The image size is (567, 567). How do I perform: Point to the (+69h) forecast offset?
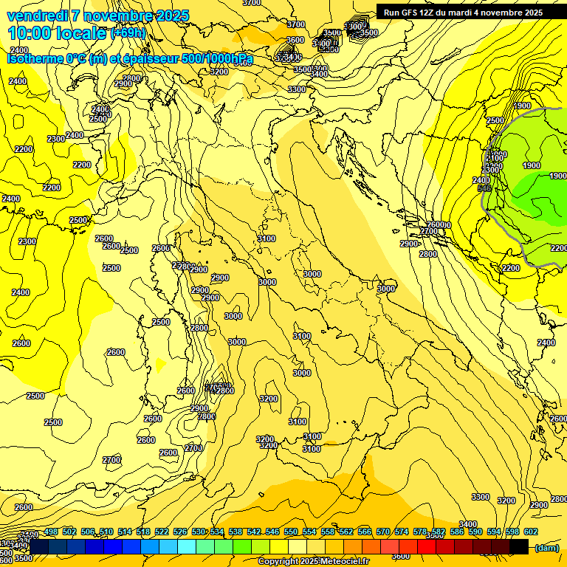coord(128,34)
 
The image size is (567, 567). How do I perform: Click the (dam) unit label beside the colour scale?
coord(546,548)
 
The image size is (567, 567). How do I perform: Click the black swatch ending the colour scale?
coord(519,545)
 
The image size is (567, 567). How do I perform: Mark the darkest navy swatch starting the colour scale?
coord(39,545)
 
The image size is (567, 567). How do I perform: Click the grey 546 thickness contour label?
coord(484,188)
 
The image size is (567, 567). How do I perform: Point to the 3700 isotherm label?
coord(295,24)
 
